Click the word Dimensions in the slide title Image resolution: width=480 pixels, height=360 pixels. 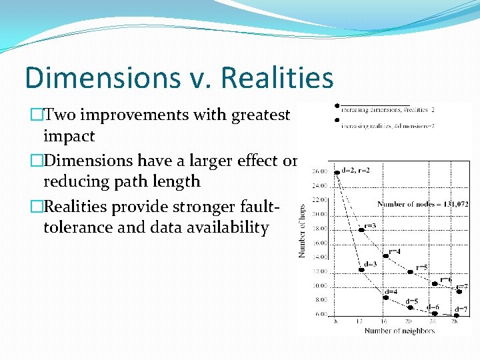89,77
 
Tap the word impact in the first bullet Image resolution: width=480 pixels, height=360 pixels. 69,137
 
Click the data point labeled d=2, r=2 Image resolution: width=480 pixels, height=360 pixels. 337,172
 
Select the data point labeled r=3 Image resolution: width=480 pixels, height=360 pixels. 361,229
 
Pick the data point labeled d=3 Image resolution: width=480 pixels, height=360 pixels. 361,269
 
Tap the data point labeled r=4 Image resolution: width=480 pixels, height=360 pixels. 385,256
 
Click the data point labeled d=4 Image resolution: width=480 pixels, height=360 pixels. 385,297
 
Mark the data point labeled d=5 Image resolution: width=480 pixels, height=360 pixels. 410,307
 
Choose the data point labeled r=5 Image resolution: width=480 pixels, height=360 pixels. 410,272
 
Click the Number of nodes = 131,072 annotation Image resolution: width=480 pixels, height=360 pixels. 422,203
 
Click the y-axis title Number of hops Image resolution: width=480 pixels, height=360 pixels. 301,231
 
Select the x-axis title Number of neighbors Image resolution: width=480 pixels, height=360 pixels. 399,331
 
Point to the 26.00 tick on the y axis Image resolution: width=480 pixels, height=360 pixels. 321,171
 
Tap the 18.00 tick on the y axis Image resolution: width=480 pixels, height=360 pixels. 321,228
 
